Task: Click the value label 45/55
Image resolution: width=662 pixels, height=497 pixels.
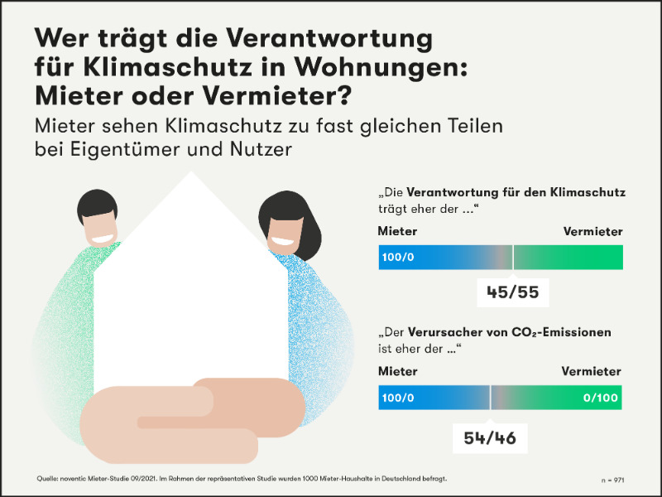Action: point(513,292)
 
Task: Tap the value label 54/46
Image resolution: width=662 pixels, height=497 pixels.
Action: point(491,437)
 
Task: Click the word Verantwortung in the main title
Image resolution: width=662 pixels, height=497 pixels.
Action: point(319,39)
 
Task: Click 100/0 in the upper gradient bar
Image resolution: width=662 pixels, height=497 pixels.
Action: point(398,258)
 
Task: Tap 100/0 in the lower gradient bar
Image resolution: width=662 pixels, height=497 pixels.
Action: point(398,398)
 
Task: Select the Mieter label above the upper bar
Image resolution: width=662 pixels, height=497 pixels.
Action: point(398,232)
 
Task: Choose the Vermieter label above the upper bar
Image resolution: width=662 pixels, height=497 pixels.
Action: point(592,232)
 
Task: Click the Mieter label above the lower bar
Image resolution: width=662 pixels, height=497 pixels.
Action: point(398,372)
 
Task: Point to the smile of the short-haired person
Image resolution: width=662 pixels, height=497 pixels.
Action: point(102,239)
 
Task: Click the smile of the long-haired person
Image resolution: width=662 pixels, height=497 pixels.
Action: point(282,244)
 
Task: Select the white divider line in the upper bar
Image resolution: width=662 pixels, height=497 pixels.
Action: point(513,258)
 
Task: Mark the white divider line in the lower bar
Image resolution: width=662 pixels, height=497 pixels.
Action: point(491,398)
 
